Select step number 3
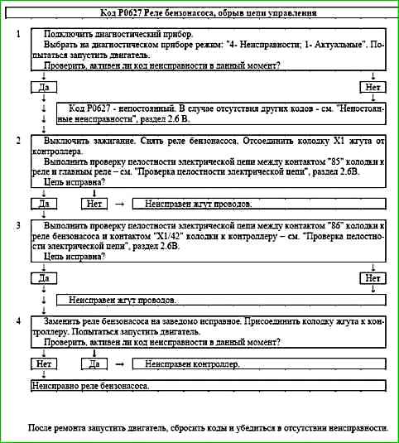point(19,225)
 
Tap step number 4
point(19,320)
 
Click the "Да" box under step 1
point(42,87)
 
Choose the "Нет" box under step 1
point(373,87)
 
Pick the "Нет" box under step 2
point(94,202)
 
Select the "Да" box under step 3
point(42,278)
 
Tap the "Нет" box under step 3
point(373,278)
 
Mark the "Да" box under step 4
point(94,364)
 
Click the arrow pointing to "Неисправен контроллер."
point(118,364)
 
